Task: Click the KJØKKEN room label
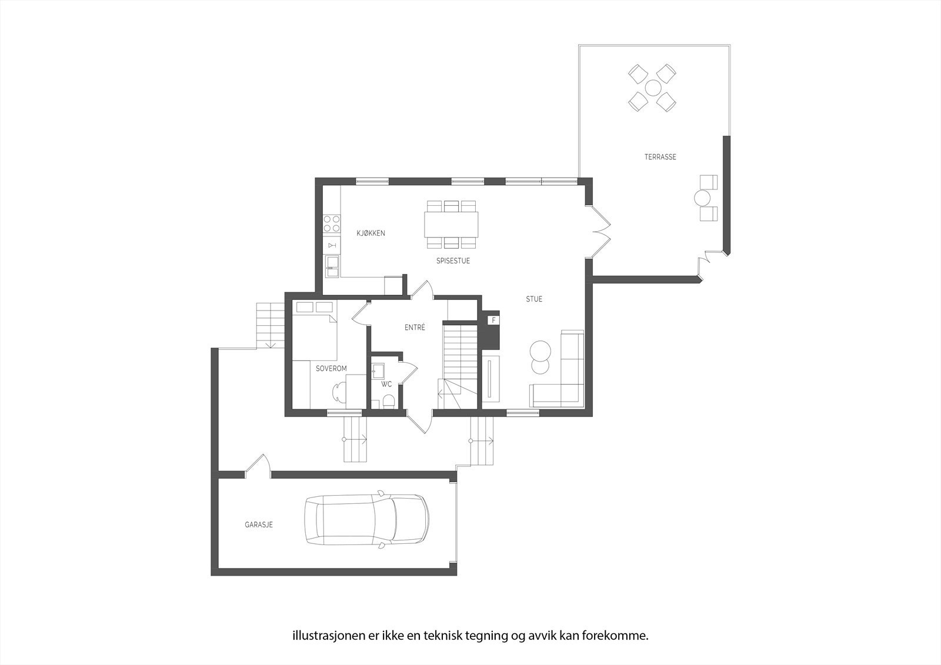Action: point(371,233)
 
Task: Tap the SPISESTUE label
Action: point(453,260)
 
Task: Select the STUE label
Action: point(534,299)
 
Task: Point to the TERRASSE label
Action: point(660,157)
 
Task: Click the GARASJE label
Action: point(259,524)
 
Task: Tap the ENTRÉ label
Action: point(415,328)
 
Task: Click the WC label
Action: point(386,385)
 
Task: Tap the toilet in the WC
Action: point(388,402)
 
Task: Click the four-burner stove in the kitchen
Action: point(332,223)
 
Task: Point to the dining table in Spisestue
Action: point(451,224)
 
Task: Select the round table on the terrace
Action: point(653,88)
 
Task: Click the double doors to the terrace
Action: point(599,230)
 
